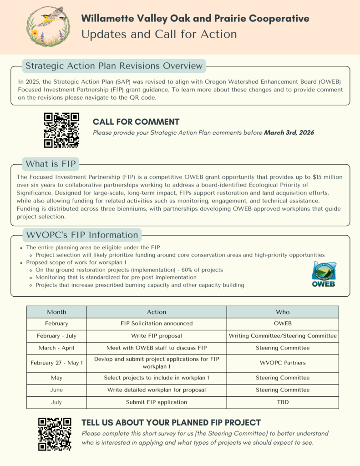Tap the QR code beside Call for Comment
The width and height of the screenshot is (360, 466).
click(x=61, y=130)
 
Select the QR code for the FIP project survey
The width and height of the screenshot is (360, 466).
click(x=55, y=434)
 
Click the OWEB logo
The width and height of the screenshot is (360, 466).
click(x=324, y=275)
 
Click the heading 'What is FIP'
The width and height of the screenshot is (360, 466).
click(x=51, y=164)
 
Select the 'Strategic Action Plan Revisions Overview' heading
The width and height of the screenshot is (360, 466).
click(x=114, y=66)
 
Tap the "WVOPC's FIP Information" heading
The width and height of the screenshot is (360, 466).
click(x=82, y=235)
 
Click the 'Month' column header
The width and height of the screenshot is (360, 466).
click(x=56, y=312)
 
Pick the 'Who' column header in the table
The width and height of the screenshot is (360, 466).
click(x=283, y=312)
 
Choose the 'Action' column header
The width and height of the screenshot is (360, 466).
click(x=157, y=312)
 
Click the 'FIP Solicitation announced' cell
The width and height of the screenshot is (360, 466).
click(x=157, y=324)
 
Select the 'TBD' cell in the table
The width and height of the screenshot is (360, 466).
click(x=283, y=402)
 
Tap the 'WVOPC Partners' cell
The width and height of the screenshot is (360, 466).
click(x=283, y=363)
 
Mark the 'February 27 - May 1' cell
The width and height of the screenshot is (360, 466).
click(x=56, y=363)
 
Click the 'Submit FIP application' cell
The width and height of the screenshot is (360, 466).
click(x=157, y=402)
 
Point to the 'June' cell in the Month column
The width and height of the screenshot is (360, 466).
click(x=56, y=390)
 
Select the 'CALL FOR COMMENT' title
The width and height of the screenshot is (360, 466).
click(x=136, y=122)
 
